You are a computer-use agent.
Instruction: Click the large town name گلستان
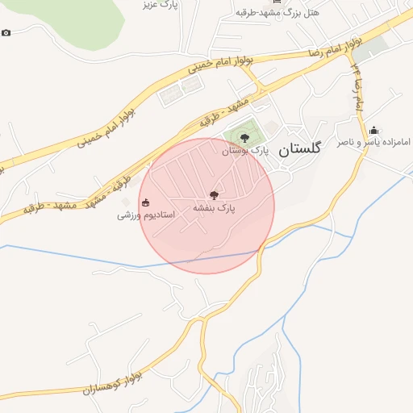pyautogui.click(x=299, y=149)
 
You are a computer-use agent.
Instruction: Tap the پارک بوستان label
pyautogui.click(x=245, y=151)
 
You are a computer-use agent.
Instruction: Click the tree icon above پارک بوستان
pyautogui.click(x=245, y=138)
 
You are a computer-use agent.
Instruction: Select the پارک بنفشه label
pyautogui.click(x=214, y=208)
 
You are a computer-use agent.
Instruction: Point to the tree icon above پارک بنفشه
pyautogui.click(x=214, y=194)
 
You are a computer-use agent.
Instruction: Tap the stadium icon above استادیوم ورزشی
pyautogui.click(x=145, y=202)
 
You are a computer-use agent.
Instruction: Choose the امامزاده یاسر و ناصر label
pyautogui.click(x=373, y=142)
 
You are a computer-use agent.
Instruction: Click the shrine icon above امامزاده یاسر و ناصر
pyautogui.click(x=373, y=130)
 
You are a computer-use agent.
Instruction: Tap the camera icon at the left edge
pyautogui.click(x=6, y=33)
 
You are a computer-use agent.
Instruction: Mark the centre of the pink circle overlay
pyautogui.click(x=207, y=206)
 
